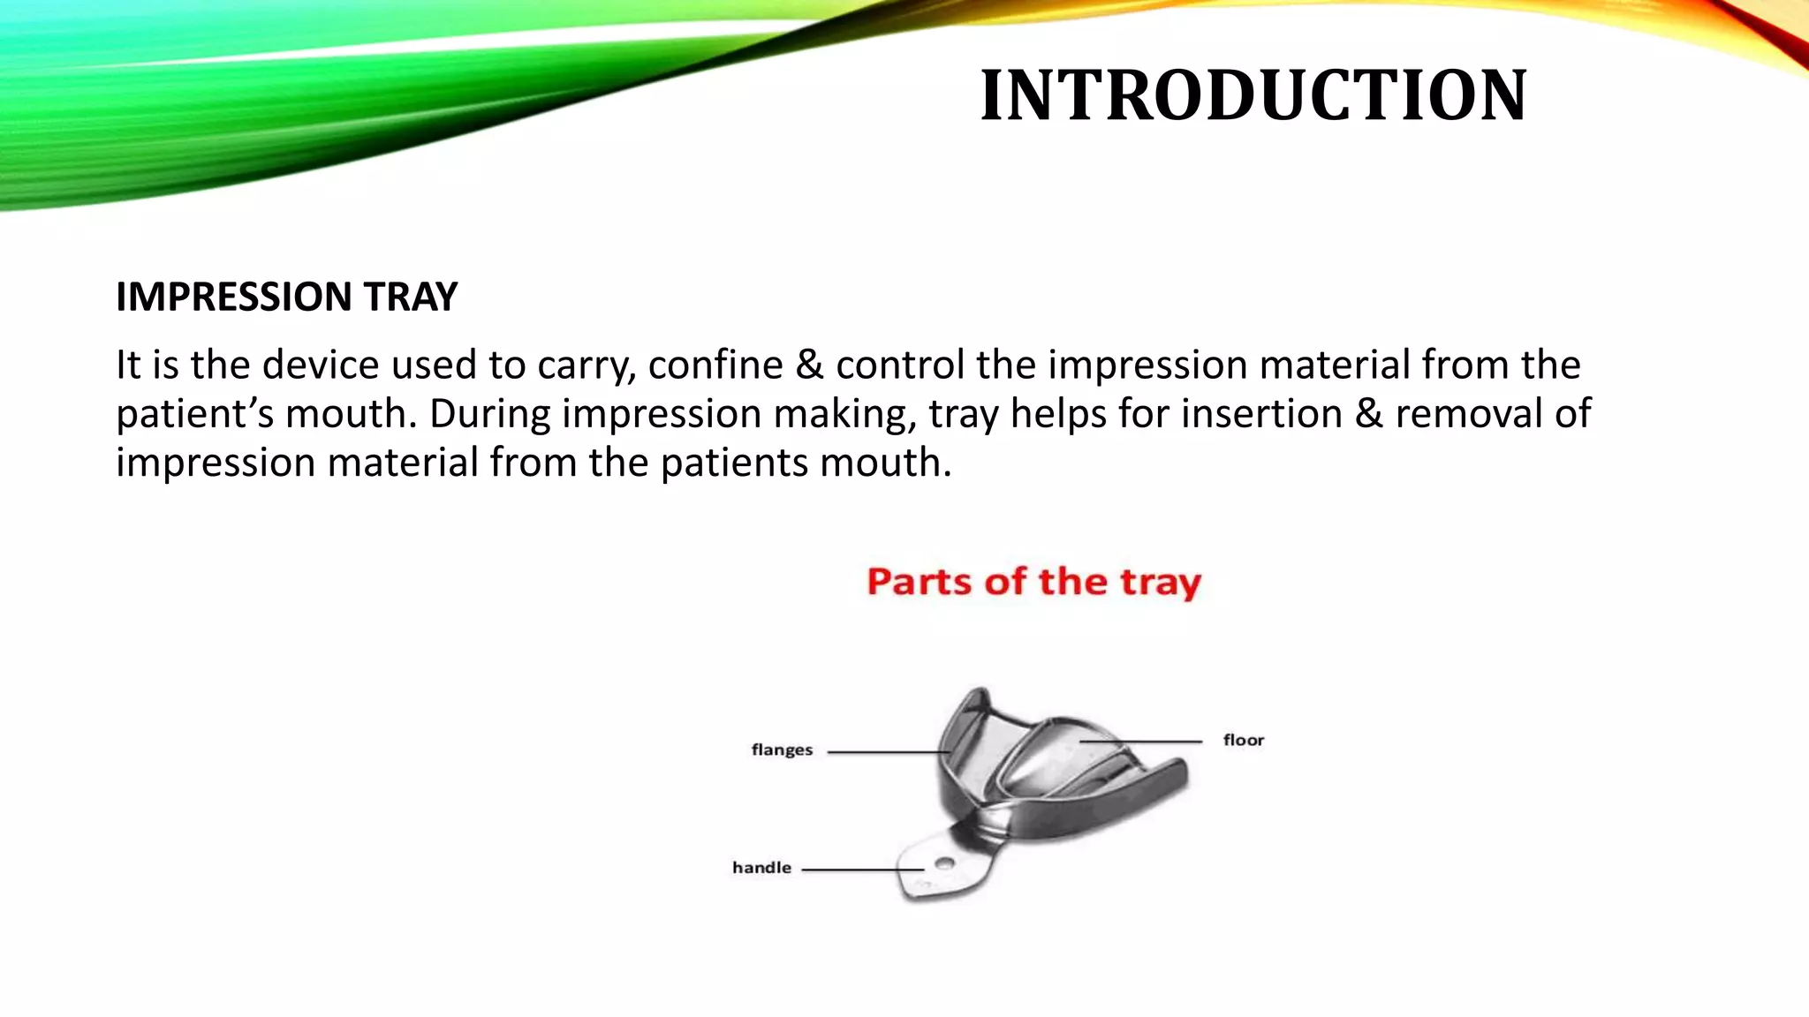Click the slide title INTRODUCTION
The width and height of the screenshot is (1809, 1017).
tap(1253, 95)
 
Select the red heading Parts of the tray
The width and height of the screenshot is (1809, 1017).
tap(1033, 582)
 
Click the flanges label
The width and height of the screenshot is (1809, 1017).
tap(782, 750)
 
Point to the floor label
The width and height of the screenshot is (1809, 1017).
tap(1243, 741)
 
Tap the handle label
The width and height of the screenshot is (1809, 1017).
tap(761, 868)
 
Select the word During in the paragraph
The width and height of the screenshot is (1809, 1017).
tap(489, 414)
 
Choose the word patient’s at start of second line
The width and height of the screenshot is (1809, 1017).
tap(194, 414)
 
